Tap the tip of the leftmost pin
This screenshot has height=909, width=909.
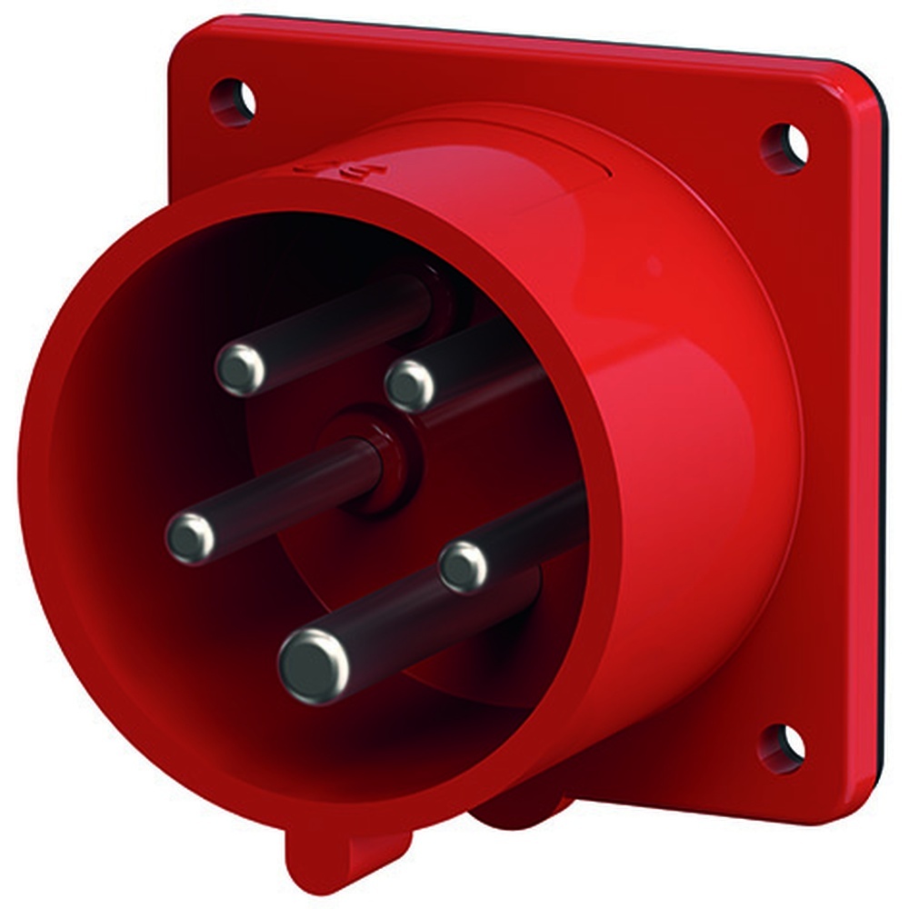click(191, 538)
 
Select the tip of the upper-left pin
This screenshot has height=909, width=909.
click(241, 369)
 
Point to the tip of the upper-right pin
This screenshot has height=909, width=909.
click(410, 385)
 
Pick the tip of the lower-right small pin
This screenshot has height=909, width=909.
click(464, 567)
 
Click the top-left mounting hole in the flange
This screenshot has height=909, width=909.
click(233, 100)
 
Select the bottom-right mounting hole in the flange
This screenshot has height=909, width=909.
click(782, 747)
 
